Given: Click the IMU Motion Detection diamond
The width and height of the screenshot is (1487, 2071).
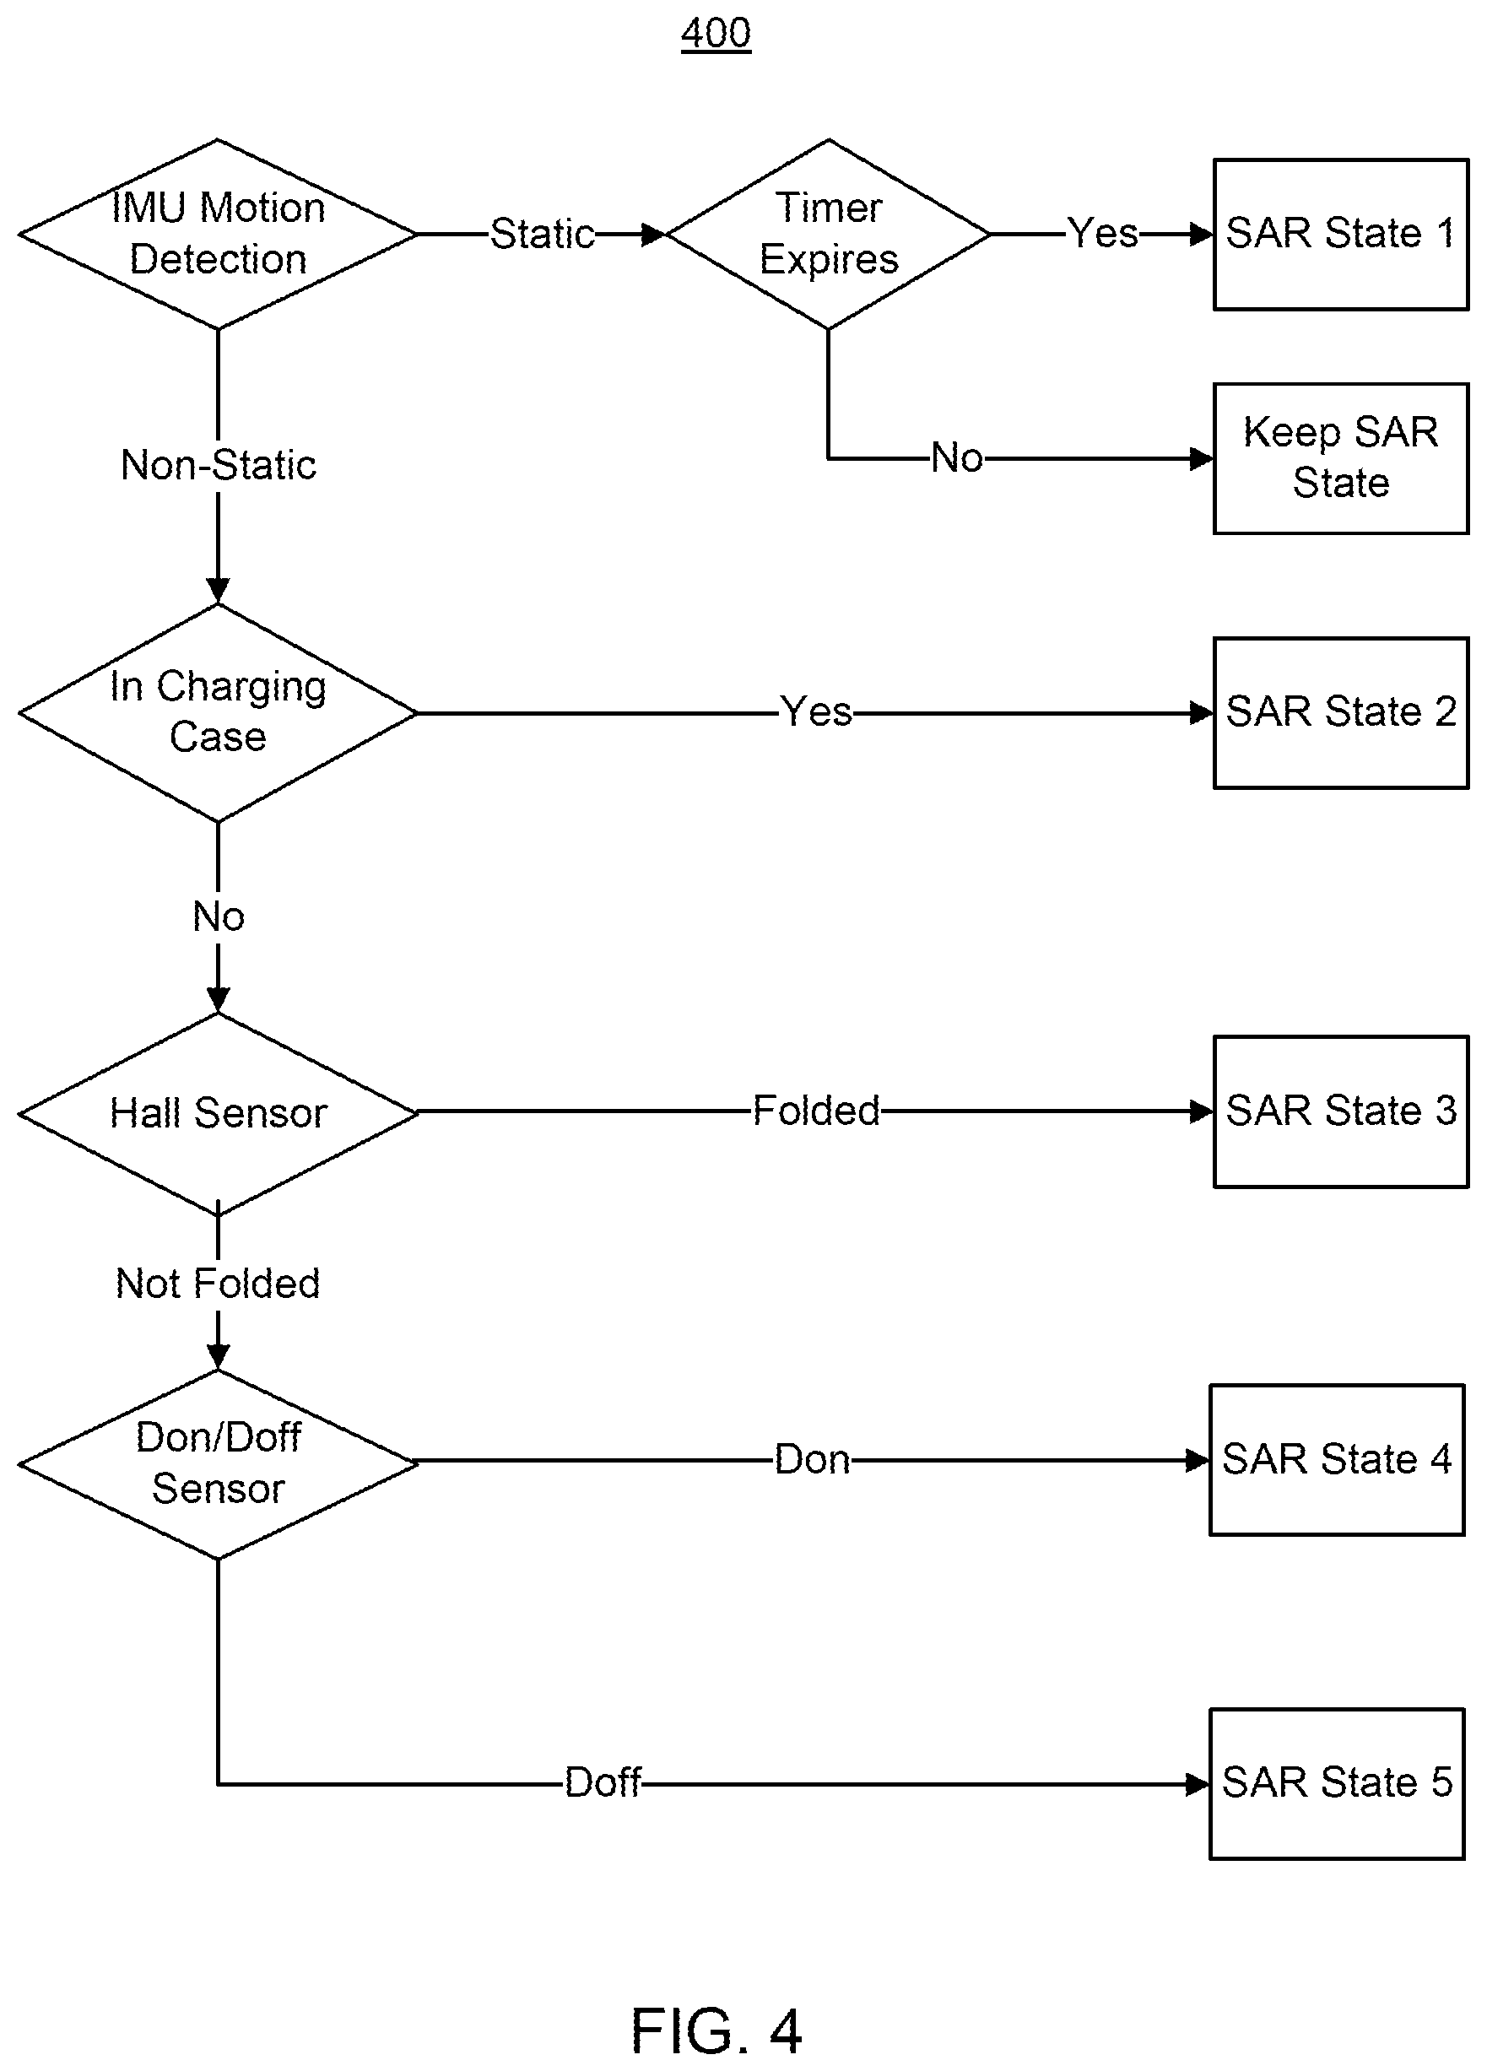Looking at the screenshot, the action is [x=218, y=234].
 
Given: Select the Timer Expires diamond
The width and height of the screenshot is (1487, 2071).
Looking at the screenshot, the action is [x=829, y=234].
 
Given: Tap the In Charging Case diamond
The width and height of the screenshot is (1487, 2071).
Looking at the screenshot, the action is [x=218, y=712].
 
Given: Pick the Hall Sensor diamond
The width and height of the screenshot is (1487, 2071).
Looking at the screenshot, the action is [x=218, y=1112].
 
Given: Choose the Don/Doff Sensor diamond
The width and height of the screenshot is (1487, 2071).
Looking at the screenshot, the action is [x=218, y=1462].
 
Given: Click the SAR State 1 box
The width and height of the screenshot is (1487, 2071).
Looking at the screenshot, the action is [x=1341, y=235].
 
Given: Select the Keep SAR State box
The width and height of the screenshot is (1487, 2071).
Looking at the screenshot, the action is [x=1341, y=458].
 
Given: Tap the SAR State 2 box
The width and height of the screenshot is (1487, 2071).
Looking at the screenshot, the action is [x=1341, y=712].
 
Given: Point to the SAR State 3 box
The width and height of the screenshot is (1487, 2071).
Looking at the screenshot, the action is [x=1341, y=1111].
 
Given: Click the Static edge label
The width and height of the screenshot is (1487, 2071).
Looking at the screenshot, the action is [x=543, y=234].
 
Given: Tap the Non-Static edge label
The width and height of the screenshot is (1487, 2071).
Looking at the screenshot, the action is [x=219, y=465].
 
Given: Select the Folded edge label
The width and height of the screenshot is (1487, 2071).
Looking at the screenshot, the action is [x=816, y=1111].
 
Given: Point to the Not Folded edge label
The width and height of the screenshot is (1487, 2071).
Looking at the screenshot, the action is [x=218, y=1283].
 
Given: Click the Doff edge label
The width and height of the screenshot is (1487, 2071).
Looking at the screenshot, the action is [x=603, y=1782].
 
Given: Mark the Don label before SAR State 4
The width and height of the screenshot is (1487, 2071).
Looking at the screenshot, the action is [x=812, y=1460].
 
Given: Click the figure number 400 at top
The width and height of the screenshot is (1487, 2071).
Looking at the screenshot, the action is [x=716, y=34].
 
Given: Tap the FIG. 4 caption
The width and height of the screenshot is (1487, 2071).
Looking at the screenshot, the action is [x=716, y=2030].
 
